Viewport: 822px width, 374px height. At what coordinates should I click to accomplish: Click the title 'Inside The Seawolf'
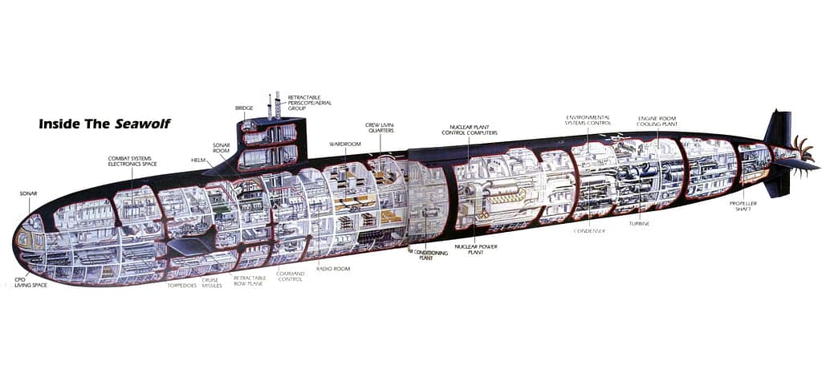point(104,124)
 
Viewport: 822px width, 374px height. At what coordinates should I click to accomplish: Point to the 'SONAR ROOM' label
point(222,148)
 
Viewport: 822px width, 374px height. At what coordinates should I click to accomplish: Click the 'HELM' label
point(198,160)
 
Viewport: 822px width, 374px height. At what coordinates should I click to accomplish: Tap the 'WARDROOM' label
point(344,144)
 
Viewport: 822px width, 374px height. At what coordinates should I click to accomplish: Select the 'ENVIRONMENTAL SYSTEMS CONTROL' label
point(588,120)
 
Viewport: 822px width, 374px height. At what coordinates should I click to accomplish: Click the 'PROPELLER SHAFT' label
point(743,206)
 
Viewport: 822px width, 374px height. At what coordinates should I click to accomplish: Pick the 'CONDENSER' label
point(589,231)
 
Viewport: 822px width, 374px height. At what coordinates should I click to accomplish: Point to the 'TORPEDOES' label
point(181,285)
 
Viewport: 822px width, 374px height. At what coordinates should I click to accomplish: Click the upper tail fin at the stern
point(779,128)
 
